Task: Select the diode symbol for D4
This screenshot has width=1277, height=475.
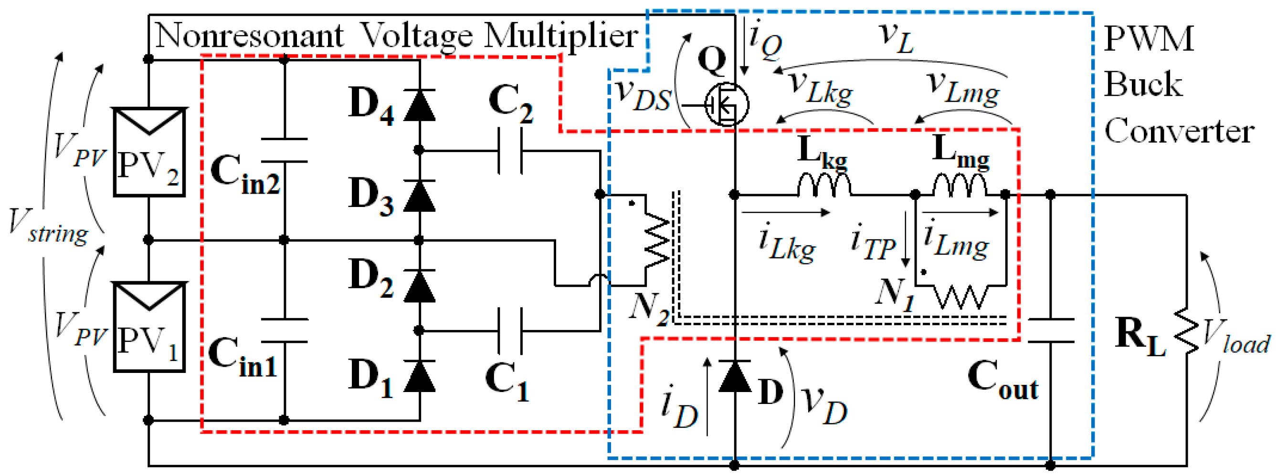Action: (x=420, y=105)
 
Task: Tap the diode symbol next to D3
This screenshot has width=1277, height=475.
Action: (x=420, y=196)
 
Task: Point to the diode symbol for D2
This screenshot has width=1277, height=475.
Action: (x=420, y=286)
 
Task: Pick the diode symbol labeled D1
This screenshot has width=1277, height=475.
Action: (x=420, y=376)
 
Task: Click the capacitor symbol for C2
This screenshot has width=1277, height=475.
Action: (x=510, y=151)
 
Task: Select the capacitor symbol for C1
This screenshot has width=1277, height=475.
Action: (x=510, y=330)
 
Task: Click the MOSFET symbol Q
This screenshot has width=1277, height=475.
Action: (x=726, y=104)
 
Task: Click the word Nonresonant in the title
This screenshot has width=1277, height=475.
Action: (x=250, y=36)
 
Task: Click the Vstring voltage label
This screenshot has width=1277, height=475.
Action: (x=49, y=227)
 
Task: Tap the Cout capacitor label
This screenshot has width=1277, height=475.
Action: (x=1003, y=380)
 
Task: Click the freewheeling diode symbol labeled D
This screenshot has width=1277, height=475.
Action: (x=735, y=376)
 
